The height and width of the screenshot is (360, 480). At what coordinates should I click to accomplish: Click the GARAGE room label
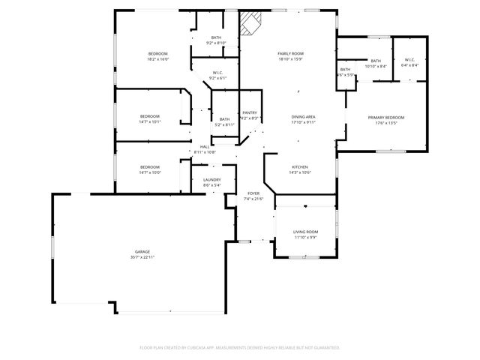[142, 251]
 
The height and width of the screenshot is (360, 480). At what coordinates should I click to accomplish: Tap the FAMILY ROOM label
[290, 54]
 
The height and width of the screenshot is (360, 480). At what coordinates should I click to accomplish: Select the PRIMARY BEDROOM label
[385, 118]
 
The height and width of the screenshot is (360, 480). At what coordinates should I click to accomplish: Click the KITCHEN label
[300, 167]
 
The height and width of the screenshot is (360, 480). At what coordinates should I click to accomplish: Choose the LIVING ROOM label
[305, 232]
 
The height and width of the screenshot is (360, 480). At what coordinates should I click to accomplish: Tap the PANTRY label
[250, 112]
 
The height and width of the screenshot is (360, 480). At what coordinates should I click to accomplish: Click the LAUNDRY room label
[211, 180]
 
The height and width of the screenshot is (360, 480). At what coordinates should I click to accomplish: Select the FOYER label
[253, 193]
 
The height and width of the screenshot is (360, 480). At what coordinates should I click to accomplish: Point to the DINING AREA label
[303, 118]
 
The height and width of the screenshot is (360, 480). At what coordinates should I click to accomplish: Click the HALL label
[204, 147]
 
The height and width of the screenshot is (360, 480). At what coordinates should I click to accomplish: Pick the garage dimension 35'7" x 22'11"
[142, 257]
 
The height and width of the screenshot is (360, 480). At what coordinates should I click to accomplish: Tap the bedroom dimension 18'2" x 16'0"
[157, 59]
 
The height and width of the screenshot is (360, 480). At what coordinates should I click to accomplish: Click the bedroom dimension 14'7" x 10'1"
[150, 121]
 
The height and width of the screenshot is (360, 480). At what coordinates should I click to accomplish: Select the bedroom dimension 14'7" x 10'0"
[150, 172]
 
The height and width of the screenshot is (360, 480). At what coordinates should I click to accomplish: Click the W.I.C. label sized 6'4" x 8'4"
[409, 65]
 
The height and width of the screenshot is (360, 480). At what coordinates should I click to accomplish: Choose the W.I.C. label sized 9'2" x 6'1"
[217, 78]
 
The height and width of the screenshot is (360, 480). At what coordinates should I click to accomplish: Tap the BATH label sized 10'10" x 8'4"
[375, 66]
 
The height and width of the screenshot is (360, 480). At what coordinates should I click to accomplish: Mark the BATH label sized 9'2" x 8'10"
[216, 43]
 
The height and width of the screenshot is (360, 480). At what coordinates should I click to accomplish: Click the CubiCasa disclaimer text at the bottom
[240, 347]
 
